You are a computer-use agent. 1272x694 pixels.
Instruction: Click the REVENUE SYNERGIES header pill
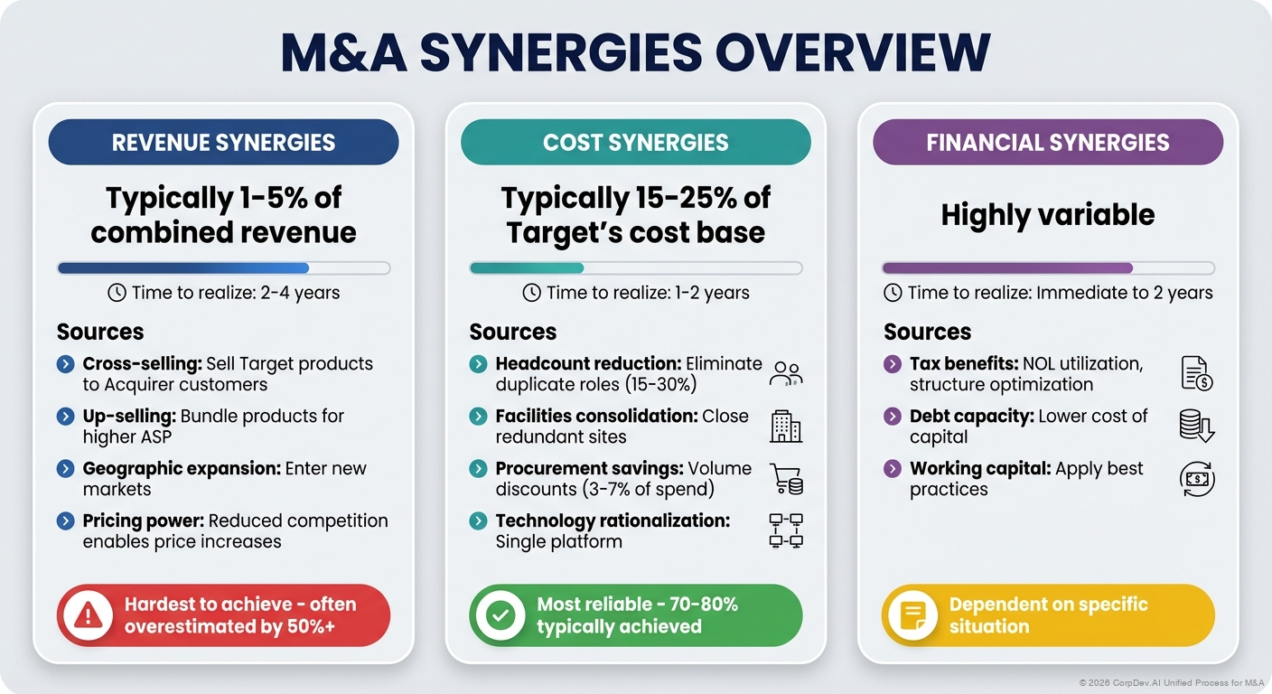pyautogui.click(x=223, y=143)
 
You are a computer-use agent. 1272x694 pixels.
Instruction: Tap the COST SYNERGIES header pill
pyautogui.click(x=635, y=143)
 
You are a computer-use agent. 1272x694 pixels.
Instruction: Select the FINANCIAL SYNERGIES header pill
pyautogui.click(x=1047, y=143)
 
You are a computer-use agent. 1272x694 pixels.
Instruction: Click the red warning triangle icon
pyautogui.click(x=88, y=615)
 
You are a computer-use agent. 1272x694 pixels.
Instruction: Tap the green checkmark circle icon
pyautogui.click(x=500, y=615)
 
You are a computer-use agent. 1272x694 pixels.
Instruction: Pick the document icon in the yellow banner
pyautogui.click(x=912, y=615)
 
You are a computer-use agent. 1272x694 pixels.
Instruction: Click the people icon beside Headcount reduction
pyautogui.click(x=785, y=374)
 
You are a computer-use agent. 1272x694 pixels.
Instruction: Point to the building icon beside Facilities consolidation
pyautogui.click(x=785, y=427)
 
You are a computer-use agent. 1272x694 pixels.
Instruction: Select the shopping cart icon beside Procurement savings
pyautogui.click(x=785, y=479)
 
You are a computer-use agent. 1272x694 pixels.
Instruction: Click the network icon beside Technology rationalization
pyautogui.click(x=785, y=531)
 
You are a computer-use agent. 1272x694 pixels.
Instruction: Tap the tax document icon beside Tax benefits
pyautogui.click(x=1197, y=373)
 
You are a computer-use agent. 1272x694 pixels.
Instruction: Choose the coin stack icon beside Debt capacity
pyautogui.click(x=1197, y=426)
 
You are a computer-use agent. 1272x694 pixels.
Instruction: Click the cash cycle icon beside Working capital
pyautogui.click(x=1197, y=479)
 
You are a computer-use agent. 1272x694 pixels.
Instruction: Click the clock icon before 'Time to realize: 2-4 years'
pyautogui.click(x=117, y=293)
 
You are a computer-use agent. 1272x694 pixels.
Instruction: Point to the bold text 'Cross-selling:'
pyautogui.click(x=142, y=363)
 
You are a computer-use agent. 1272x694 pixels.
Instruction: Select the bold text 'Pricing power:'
pyautogui.click(x=143, y=520)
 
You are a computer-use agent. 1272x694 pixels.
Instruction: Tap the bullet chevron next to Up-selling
pyautogui.click(x=65, y=417)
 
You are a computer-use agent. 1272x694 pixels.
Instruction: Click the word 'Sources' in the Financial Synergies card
pyautogui.click(x=927, y=332)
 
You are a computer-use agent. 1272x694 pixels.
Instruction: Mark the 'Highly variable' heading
pyautogui.click(x=1047, y=215)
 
